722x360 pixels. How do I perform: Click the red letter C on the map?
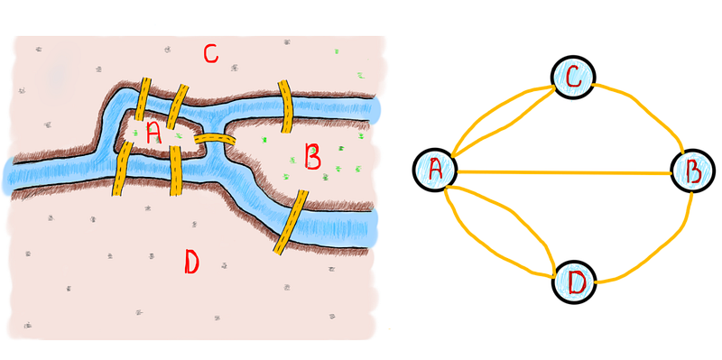pyautogui.click(x=210, y=54)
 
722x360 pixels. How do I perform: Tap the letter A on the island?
pyautogui.click(x=153, y=134)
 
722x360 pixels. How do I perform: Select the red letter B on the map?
pyautogui.click(x=312, y=156)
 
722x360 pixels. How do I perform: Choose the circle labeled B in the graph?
pyautogui.click(x=692, y=171)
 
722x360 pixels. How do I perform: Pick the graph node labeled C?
pyautogui.click(x=573, y=78)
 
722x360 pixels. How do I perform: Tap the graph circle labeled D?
pyautogui.click(x=574, y=282)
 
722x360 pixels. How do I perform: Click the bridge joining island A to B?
pyautogui.click(x=215, y=140)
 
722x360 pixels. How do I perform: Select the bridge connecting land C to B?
pyautogui.click(x=286, y=106)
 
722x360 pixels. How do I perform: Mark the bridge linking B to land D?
pyautogui.click(x=291, y=222)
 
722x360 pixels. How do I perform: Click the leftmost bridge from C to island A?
pyautogui.click(x=143, y=99)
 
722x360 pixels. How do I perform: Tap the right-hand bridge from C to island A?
pyautogui.click(x=177, y=106)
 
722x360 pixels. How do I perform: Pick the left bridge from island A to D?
pyautogui.click(x=122, y=168)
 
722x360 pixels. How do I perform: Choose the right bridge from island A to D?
pyautogui.click(x=176, y=171)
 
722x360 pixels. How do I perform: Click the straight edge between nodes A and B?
pyautogui.click(x=563, y=172)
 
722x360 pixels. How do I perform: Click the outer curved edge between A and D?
pyautogui.click(x=484, y=249)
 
